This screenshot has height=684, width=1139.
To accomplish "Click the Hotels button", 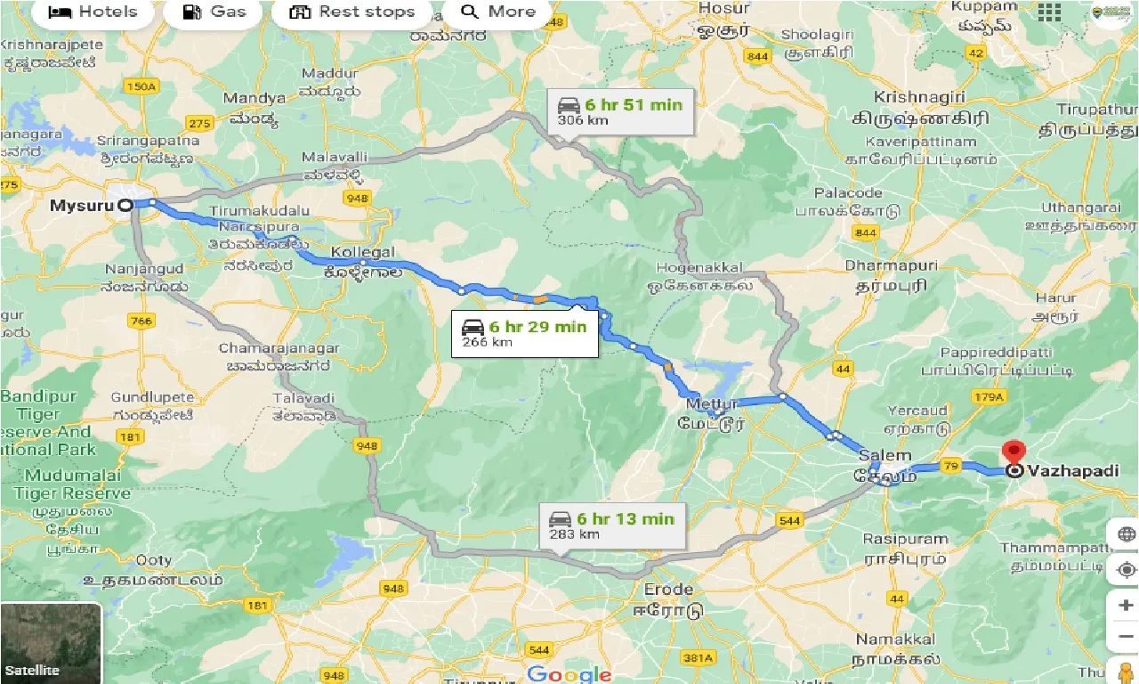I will point(93,12).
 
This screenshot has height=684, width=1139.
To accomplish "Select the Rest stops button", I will point(353,12).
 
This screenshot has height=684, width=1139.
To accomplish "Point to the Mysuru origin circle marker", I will point(125,205).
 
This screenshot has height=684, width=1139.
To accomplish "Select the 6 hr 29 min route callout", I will point(524,333).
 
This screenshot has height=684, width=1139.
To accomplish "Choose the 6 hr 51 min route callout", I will point(619,111).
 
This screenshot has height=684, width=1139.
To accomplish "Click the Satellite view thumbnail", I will point(51,643).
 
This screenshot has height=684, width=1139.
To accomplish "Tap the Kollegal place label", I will point(362,252).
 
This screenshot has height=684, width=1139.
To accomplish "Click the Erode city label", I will point(668,590).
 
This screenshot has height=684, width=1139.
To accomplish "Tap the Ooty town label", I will point(153,560).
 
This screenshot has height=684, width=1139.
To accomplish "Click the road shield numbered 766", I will point(141,321).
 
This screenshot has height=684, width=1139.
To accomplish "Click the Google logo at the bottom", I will point(569,674).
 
